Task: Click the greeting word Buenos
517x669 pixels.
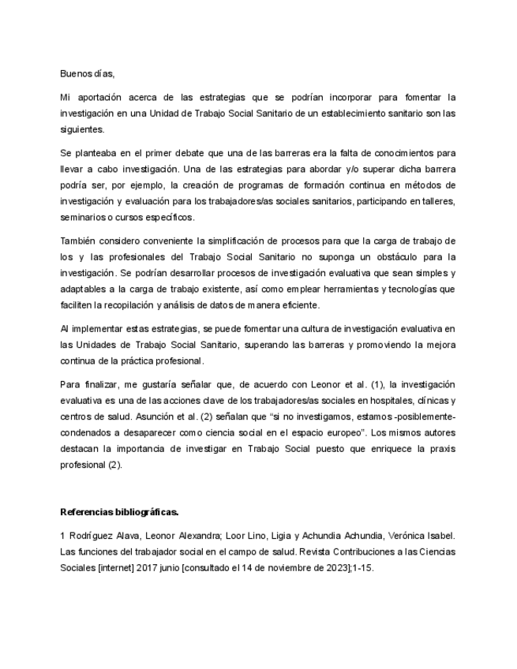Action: (75, 74)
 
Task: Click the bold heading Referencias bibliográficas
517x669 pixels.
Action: (119, 510)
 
